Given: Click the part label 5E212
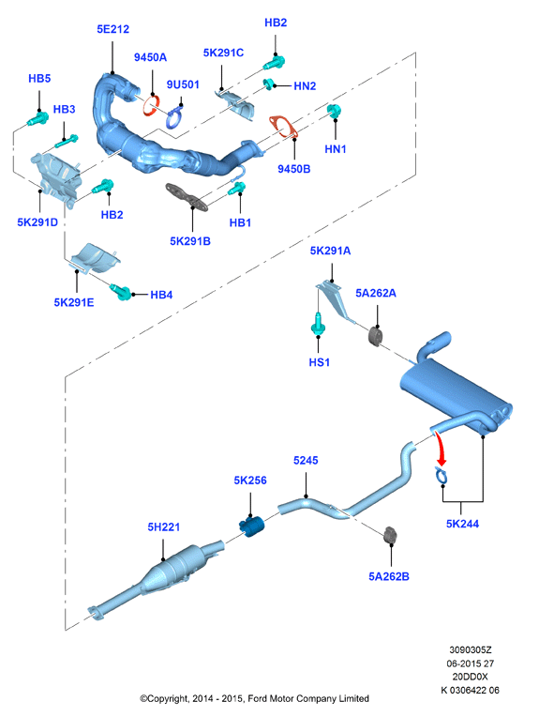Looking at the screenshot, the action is (112, 29).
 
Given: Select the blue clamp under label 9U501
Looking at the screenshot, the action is (174, 116).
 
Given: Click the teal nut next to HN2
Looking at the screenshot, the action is (268, 84).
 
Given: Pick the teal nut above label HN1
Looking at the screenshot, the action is (334, 111).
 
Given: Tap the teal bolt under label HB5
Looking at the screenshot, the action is (37, 119).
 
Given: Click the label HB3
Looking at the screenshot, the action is (64, 109).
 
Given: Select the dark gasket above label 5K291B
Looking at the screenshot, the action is (187, 197).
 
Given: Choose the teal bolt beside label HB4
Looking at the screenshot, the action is (121, 291).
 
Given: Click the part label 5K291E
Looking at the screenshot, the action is (74, 302).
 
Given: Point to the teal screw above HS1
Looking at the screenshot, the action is (318, 325).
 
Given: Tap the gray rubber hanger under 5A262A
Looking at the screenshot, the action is (376, 336).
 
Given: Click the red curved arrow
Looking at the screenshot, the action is (440, 449).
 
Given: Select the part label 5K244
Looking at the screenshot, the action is (462, 524).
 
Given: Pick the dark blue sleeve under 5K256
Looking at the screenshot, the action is (252, 526).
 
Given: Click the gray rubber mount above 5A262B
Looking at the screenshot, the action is (391, 536).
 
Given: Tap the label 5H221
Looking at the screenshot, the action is (163, 527).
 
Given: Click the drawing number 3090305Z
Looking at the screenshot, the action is (470, 649).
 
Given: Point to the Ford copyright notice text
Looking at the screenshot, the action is (254, 698).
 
